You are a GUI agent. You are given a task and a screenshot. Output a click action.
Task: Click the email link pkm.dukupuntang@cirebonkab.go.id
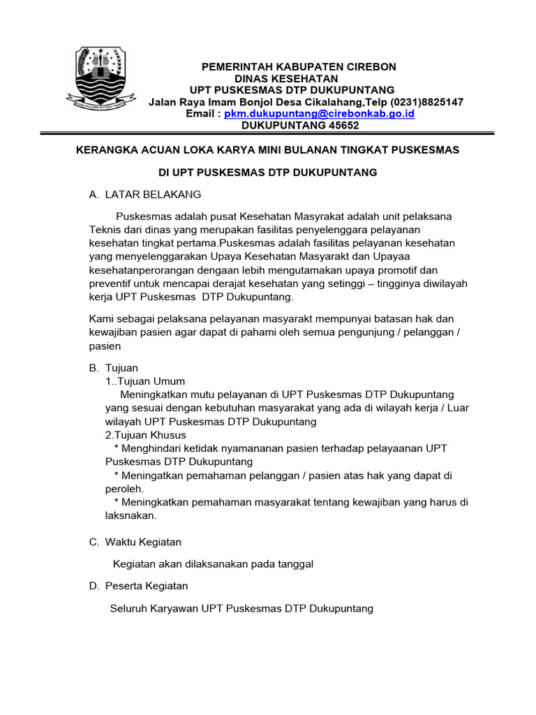coord(319,113)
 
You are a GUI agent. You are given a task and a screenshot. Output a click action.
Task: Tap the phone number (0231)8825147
coord(422,102)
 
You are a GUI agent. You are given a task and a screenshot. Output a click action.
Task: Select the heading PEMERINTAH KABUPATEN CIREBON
coord(299,67)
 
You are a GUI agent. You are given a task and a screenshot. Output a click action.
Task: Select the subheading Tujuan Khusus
coord(149,435)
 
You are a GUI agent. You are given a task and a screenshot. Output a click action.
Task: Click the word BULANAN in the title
coord(298,150)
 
